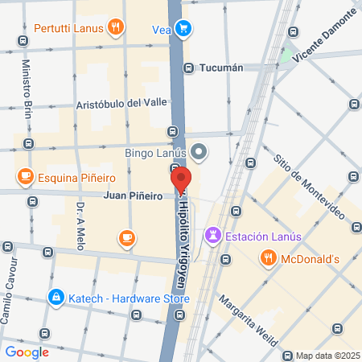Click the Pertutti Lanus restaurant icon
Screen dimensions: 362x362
(117, 27)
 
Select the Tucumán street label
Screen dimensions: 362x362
(220, 68)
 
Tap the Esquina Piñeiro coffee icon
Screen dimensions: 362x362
(25, 176)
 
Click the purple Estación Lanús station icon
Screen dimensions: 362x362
(212, 236)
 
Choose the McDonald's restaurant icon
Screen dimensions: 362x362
(268, 258)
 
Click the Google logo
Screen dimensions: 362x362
(27, 352)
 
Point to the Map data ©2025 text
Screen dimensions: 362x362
(327, 356)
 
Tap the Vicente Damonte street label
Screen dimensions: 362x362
(324, 35)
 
